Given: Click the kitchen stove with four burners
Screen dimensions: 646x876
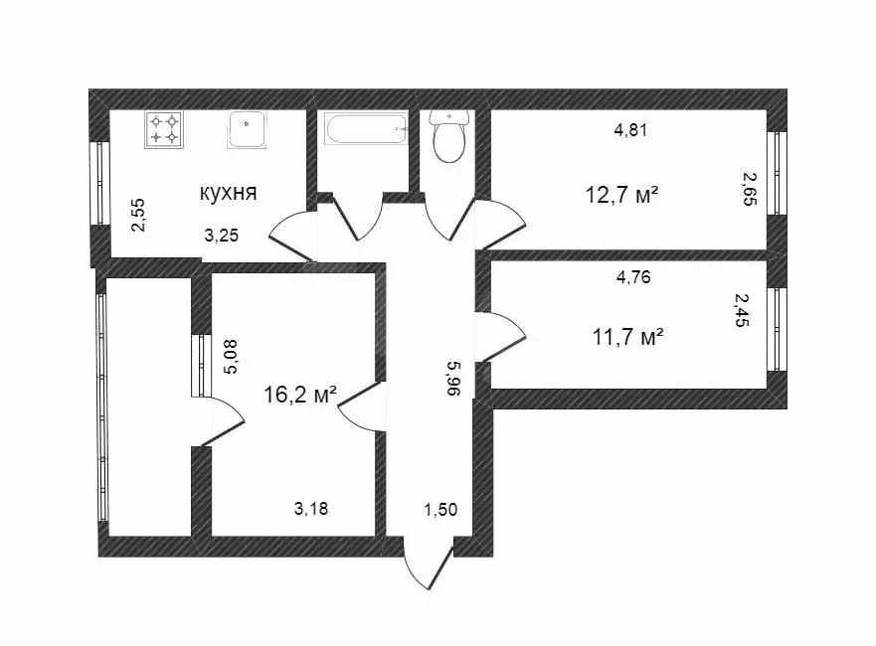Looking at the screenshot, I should point(164,129).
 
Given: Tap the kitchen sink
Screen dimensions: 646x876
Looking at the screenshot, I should point(247,129).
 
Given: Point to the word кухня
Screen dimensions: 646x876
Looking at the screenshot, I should point(229,193).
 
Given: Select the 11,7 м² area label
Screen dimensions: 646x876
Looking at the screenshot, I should point(627,338).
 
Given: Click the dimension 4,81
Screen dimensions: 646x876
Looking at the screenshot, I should point(631,129).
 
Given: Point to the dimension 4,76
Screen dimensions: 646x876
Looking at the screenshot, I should point(633,277).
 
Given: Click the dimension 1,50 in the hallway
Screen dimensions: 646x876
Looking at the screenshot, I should point(440,510).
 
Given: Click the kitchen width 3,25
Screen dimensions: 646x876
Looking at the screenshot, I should point(221,236).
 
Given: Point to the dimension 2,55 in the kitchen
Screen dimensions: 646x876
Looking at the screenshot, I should point(139,215).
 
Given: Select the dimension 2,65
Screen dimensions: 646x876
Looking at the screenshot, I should point(750,187).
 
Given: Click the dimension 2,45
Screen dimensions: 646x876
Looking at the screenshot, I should point(741,309).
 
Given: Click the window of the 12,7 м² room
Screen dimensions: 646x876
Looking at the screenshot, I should point(778,172).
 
